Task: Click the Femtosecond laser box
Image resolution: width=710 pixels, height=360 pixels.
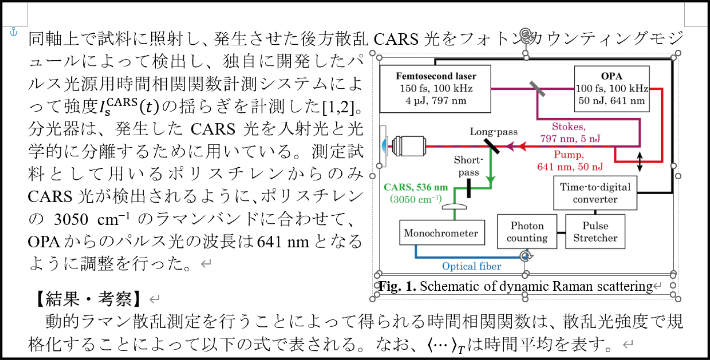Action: pyautogui.click(x=435, y=89)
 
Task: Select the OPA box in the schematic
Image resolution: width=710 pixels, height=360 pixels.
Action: pyautogui.click(x=611, y=89)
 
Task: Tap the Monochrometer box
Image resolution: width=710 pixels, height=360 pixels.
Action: pyautogui.click(x=442, y=233)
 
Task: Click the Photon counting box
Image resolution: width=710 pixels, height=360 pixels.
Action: pyautogui.click(x=527, y=232)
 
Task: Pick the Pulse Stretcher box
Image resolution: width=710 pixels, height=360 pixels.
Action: pyautogui.click(x=595, y=232)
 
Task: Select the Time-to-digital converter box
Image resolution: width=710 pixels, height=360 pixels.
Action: pyautogui.click(x=595, y=193)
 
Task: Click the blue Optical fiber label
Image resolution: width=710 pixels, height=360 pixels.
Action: pyautogui.click(x=471, y=266)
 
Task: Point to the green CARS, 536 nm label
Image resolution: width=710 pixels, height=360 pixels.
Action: pyautogui.click(x=415, y=188)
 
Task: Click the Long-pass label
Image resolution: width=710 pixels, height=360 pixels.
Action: pyautogui.click(x=493, y=132)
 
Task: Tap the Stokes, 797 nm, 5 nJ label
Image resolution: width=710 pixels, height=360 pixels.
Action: pyautogui.click(x=570, y=133)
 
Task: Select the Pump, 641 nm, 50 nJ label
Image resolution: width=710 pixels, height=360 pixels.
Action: pyautogui.click(x=570, y=161)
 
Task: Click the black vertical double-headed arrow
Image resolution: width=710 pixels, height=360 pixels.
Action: pyautogui.click(x=639, y=162)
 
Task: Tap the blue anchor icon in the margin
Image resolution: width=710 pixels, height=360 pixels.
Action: pyautogui.click(x=14, y=32)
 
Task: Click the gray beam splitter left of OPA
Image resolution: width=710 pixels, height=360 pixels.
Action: pyautogui.click(x=537, y=89)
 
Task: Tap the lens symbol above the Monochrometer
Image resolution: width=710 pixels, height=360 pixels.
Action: pyautogui.click(x=454, y=207)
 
